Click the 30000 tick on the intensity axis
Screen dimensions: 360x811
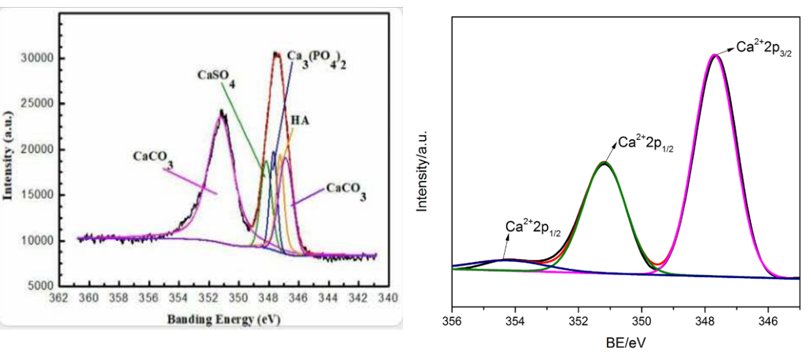pyautogui.click(x=40, y=58)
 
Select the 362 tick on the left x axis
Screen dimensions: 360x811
pyautogui.click(x=59, y=298)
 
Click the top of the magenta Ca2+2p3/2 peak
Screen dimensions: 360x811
pyautogui.click(x=715, y=56)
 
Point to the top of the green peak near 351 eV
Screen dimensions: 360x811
pyautogui.click(x=604, y=163)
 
